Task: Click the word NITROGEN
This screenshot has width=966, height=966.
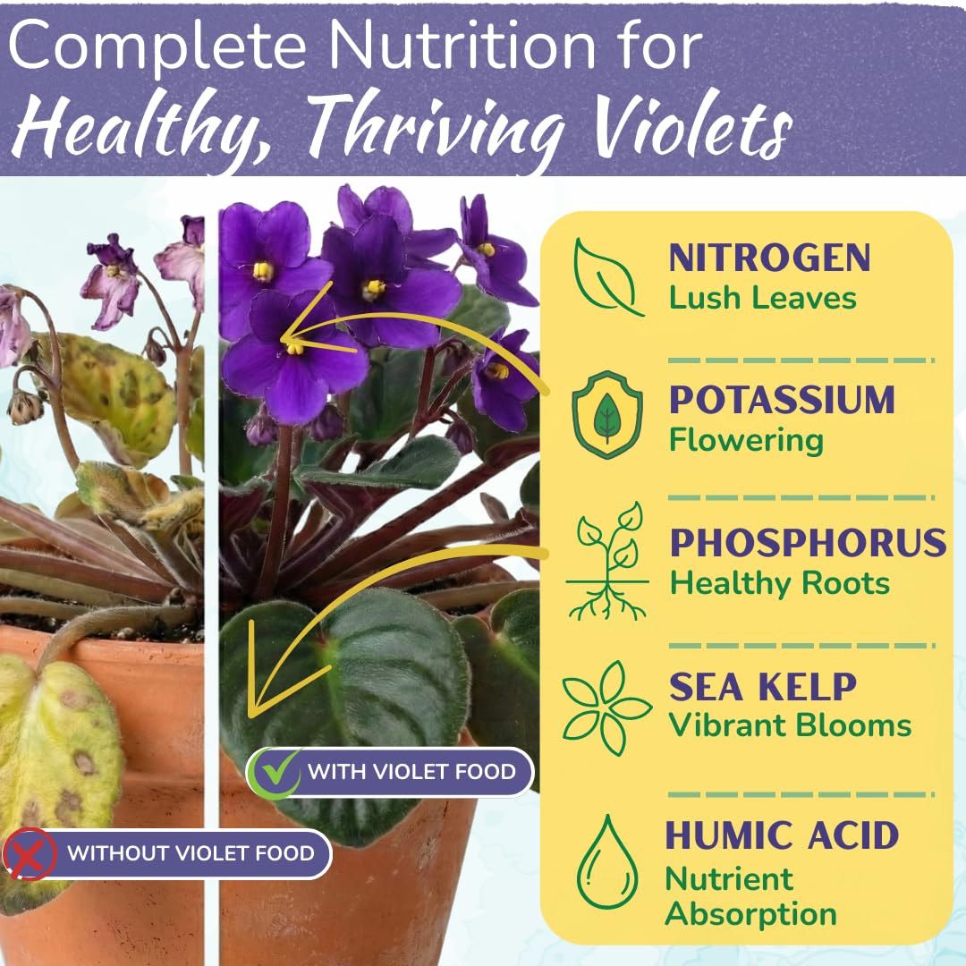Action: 769,258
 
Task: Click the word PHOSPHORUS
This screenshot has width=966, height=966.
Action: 808,543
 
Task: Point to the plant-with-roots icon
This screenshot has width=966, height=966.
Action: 607,561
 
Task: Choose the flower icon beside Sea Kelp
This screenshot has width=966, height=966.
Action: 607,707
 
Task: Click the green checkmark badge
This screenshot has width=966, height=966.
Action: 275,772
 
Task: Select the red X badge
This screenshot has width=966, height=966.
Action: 30,854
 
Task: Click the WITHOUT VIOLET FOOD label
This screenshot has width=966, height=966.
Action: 191,853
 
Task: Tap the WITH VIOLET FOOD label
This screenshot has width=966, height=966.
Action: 411,771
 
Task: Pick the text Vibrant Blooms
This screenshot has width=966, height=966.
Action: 790,725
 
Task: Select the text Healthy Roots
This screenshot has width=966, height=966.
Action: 779,583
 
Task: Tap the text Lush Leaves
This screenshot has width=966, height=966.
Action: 762,298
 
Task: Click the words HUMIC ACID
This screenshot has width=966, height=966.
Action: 781,835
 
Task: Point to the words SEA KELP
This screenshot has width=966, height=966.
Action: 762,687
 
